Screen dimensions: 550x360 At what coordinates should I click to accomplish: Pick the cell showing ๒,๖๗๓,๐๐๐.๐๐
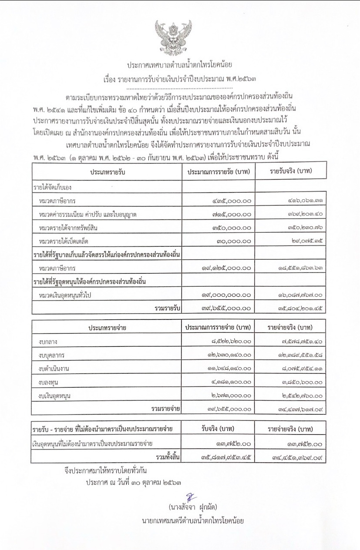click(229, 396)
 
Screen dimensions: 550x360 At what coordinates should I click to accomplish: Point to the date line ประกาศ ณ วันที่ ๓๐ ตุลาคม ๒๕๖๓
click(133, 482)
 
